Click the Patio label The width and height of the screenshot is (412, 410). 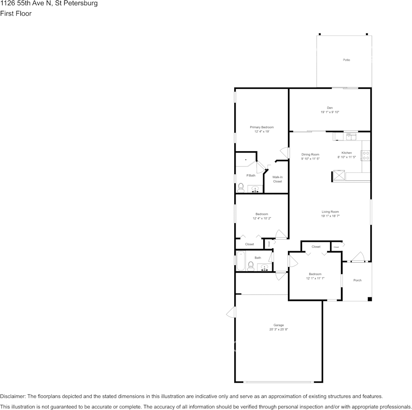pos(346,60)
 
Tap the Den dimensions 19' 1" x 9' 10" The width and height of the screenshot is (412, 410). pos(330,112)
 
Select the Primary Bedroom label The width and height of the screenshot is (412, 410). pos(262,127)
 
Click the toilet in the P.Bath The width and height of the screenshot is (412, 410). pos(241,187)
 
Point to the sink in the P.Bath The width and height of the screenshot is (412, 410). pos(255,189)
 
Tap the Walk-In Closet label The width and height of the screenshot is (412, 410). pos(277,179)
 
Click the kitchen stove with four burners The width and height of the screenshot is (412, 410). pos(365,155)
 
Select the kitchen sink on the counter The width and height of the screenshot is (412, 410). pos(351,137)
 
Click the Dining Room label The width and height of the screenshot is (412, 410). pos(310,154)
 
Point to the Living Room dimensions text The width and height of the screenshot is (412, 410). pos(330,216)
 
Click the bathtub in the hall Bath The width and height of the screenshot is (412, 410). pos(240,261)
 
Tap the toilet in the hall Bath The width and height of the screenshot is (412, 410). pos(251,265)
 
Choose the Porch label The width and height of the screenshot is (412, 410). pos(357,280)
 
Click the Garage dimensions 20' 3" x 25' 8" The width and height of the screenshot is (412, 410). pos(278,329)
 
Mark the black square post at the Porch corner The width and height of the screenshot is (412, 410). pos(369,299)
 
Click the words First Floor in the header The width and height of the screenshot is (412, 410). pos(16,13)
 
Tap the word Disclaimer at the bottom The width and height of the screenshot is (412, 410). pos(13,396)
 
